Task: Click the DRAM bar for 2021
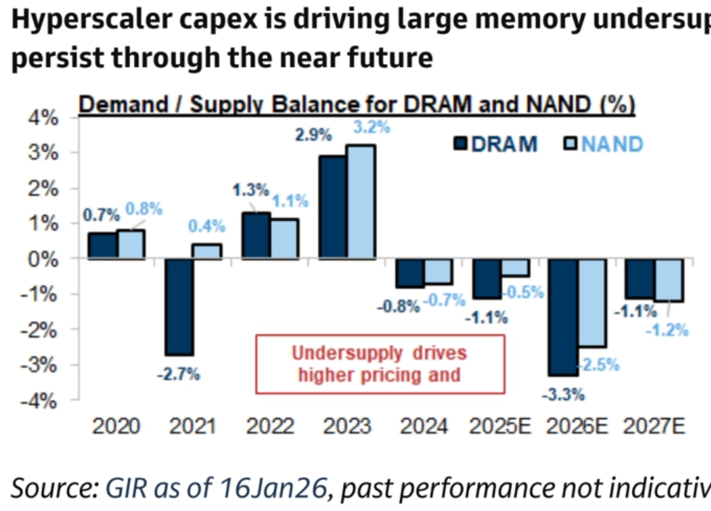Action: (x=179, y=306)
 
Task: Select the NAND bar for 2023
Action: (x=361, y=201)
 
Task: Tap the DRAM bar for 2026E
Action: (x=564, y=316)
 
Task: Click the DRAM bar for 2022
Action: (x=256, y=235)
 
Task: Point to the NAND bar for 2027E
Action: (x=669, y=279)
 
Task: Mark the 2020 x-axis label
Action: (x=117, y=426)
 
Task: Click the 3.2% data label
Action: (x=371, y=126)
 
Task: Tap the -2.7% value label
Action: (x=179, y=375)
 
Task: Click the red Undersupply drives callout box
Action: (x=378, y=364)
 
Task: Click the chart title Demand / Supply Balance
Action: (x=357, y=105)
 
